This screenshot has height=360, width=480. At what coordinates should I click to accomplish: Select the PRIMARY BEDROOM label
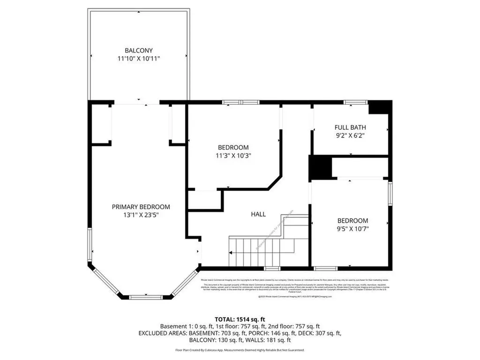(141, 207)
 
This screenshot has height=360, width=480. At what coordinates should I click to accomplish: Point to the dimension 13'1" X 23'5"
(141, 215)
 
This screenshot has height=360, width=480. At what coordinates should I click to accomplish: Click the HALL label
(258, 214)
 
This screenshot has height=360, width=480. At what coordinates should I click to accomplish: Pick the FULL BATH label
(350, 127)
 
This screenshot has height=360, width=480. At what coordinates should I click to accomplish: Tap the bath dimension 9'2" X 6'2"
(350, 135)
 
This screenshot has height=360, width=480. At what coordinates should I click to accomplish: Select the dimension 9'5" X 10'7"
(352, 229)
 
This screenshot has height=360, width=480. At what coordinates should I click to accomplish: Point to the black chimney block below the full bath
(319, 168)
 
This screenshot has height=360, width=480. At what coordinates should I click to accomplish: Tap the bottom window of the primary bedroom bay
(145, 297)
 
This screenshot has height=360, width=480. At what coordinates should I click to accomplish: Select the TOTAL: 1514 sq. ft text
(240, 318)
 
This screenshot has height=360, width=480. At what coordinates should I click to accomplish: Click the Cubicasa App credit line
(240, 350)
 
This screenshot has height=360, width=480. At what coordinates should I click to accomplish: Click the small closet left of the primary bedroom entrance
(101, 124)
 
